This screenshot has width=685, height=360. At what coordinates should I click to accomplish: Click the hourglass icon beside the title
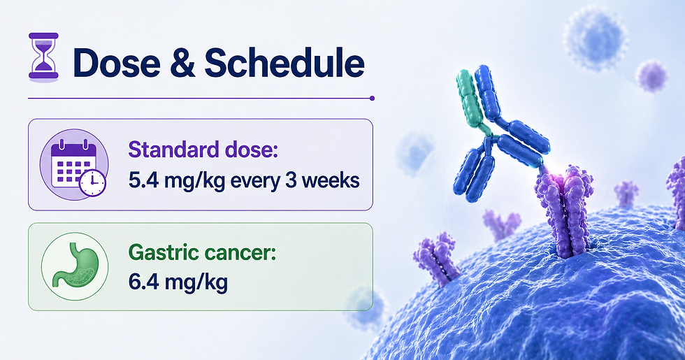(43, 55)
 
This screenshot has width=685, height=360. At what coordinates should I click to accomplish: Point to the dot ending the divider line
(372, 99)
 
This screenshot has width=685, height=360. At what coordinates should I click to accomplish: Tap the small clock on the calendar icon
(92, 183)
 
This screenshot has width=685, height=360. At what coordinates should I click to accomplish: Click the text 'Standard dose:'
(203, 150)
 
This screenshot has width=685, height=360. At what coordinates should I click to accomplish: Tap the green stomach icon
(75, 266)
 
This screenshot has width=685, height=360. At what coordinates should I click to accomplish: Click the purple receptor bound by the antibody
(563, 210)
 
